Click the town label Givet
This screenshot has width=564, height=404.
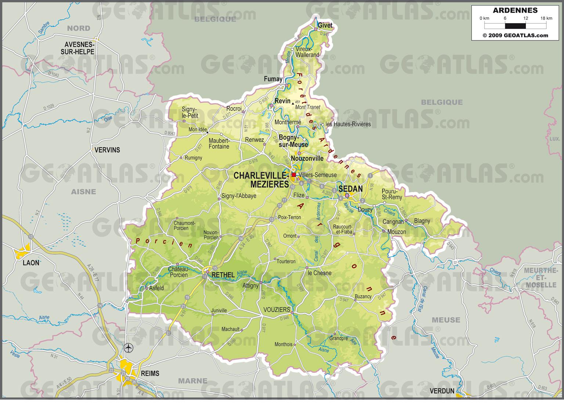pos(325,25)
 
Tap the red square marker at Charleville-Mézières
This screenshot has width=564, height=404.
pos(293,175)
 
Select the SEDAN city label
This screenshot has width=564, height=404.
pos(350,189)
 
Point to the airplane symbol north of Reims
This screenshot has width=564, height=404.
pos(129,347)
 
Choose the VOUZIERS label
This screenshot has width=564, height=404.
pos(277,310)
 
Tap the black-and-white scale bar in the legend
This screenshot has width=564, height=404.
pos(515,26)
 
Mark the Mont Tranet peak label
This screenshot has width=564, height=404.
pos(308,107)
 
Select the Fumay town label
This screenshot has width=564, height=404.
pos(273,79)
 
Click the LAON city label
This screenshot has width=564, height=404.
pos(31,263)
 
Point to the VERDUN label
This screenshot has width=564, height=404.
pos(442,391)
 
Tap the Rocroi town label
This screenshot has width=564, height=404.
pos(234,109)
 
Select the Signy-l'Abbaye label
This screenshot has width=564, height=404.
pos(239,196)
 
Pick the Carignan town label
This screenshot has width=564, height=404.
pos(393,222)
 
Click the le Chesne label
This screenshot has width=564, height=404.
pos(319,273)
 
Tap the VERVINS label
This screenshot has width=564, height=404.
pos(107,150)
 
